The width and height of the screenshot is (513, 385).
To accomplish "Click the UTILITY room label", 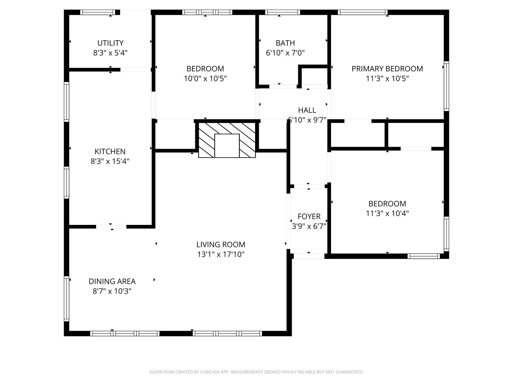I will [x=110, y=43].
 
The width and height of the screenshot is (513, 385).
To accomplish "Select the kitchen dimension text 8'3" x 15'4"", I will [x=110, y=161].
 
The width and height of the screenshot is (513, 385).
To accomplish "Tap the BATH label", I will [x=285, y=43].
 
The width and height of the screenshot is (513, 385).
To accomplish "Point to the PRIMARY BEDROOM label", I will [x=387, y=69].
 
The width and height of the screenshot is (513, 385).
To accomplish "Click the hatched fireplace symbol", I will [x=227, y=140].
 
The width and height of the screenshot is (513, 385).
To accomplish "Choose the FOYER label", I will [x=309, y=216].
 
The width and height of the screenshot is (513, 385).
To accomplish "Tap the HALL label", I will [x=307, y=110].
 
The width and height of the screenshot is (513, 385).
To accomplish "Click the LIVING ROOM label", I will [x=221, y=245].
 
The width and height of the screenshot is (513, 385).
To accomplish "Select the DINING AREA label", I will [x=112, y=281].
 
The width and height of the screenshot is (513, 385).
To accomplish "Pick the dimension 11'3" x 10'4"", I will [x=387, y=214].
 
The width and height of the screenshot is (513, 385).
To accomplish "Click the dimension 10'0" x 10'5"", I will [x=205, y=78].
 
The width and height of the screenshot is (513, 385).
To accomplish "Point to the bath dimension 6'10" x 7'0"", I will [x=285, y=53].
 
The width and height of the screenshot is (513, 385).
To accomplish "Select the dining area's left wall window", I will [x=66, y=299].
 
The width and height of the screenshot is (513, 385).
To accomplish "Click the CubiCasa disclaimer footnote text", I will [x=256, y=372].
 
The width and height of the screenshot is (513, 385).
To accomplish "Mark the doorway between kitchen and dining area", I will [x=111, y=226].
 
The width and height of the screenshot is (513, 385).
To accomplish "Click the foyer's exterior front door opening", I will [x=309, y=256].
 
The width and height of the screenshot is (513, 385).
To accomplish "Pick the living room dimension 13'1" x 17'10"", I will [x=221, y=255].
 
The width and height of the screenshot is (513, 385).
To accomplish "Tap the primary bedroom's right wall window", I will [x=446, y=86].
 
